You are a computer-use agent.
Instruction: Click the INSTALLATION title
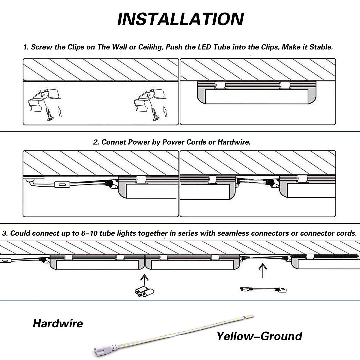click(180, 19)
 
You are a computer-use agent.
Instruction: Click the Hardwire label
click(58, 323)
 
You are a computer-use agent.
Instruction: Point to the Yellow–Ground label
click(259, 336)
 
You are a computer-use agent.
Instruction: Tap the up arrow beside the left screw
click(60, 111)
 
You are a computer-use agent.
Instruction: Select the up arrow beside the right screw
click(165, 111)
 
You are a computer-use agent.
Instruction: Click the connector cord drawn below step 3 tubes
click(263, 289)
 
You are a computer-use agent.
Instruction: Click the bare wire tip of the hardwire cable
click(251, 316)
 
